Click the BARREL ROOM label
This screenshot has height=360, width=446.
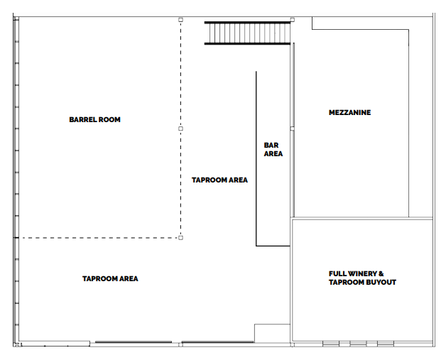click(x=94, y=120)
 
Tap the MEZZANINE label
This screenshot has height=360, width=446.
click(x=350, y=113)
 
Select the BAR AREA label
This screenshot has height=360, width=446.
click(x=273, y=150)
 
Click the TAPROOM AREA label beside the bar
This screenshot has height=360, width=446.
click(x=219, y=180)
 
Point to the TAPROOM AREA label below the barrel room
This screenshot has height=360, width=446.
click(x=110, y=278)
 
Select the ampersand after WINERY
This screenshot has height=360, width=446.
click(x=381, y=274)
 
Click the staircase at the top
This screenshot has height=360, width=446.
click(x=247, y=33)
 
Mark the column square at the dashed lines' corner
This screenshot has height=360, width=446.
click(x=180, y=238)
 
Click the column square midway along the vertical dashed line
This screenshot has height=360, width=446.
click(x=180, y=129)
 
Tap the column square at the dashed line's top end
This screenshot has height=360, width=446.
click(x=180, y=20)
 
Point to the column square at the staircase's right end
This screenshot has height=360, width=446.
click(x=293, y=20)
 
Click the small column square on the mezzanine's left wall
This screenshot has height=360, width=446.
click(x=293, y=129)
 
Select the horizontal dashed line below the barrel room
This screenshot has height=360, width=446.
click(x=99, y=238)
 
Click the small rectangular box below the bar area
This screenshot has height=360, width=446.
click(x=272, y=333)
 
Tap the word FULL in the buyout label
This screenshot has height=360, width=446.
click(x=337, y=274)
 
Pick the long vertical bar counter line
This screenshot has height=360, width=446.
click(x=256, y=158)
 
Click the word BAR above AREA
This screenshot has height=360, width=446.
click(x=271, y=146)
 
